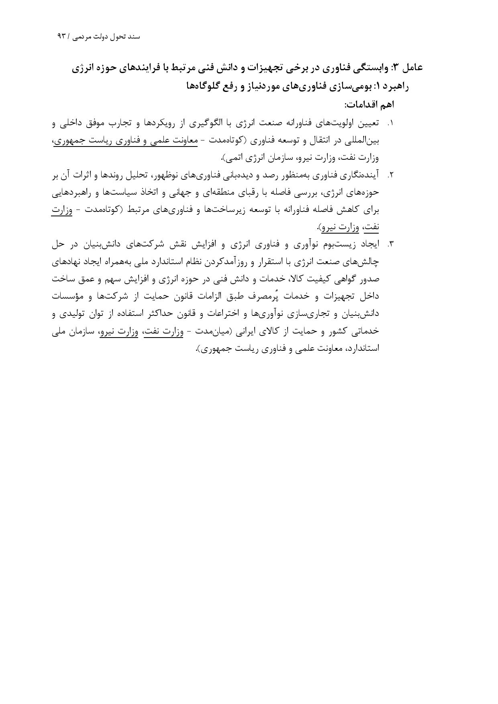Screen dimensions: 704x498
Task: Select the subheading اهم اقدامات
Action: pos(369,105)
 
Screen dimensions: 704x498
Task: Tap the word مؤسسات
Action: pos(70,296)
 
